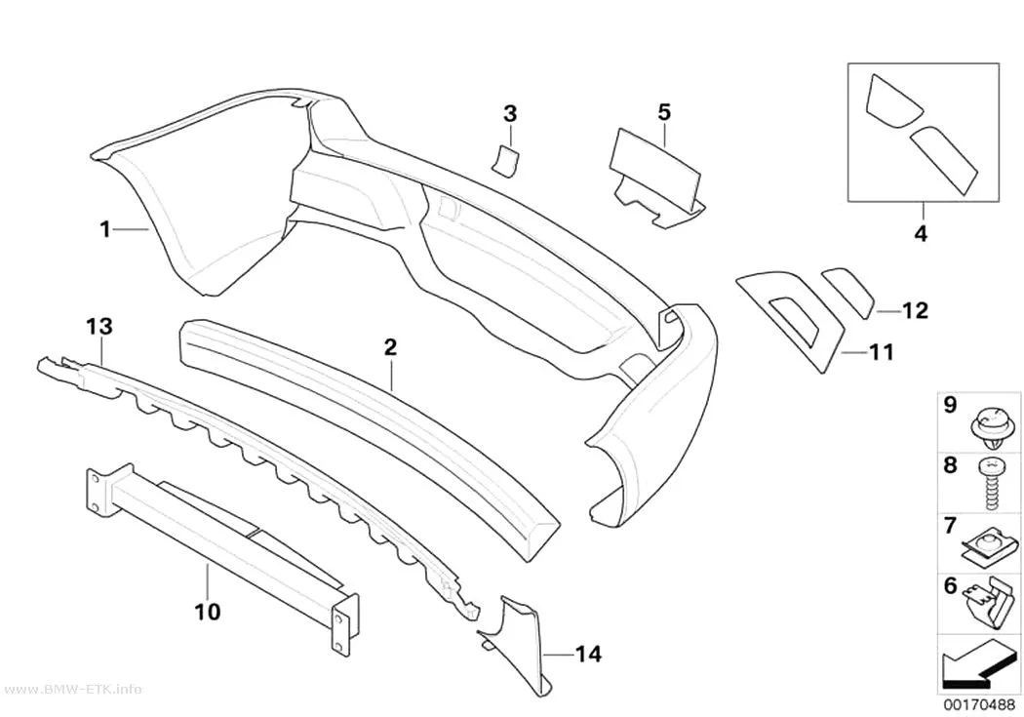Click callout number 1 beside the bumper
[104, 230]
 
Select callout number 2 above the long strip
[390, 347]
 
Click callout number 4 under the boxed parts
[921, 233]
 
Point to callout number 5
[663, 112]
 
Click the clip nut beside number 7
[987, 549]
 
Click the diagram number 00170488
[979, 705]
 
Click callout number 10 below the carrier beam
[207, 612]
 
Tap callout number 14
[588, 654]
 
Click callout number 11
[881, 352]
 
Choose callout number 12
[915, 311]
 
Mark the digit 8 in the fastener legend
[950, 465]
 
